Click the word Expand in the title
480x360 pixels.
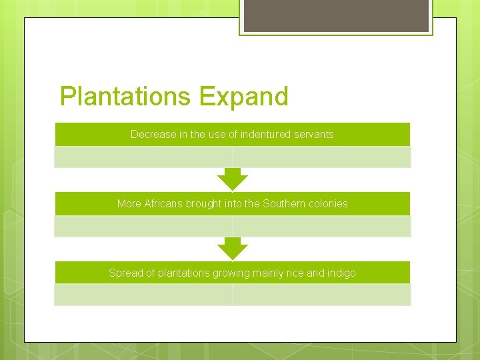[x=243, y=97]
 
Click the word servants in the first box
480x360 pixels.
[x=311, y=134]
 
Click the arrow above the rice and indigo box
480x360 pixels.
[x=232, y=249]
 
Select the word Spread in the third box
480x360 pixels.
[x=125, y=273]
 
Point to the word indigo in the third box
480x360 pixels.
[x=341, y=273]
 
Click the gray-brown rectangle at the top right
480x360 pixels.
[x=336, y=15]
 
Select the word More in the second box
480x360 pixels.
[x=129, y=203]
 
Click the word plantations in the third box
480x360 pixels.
[x=183, y=273]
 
